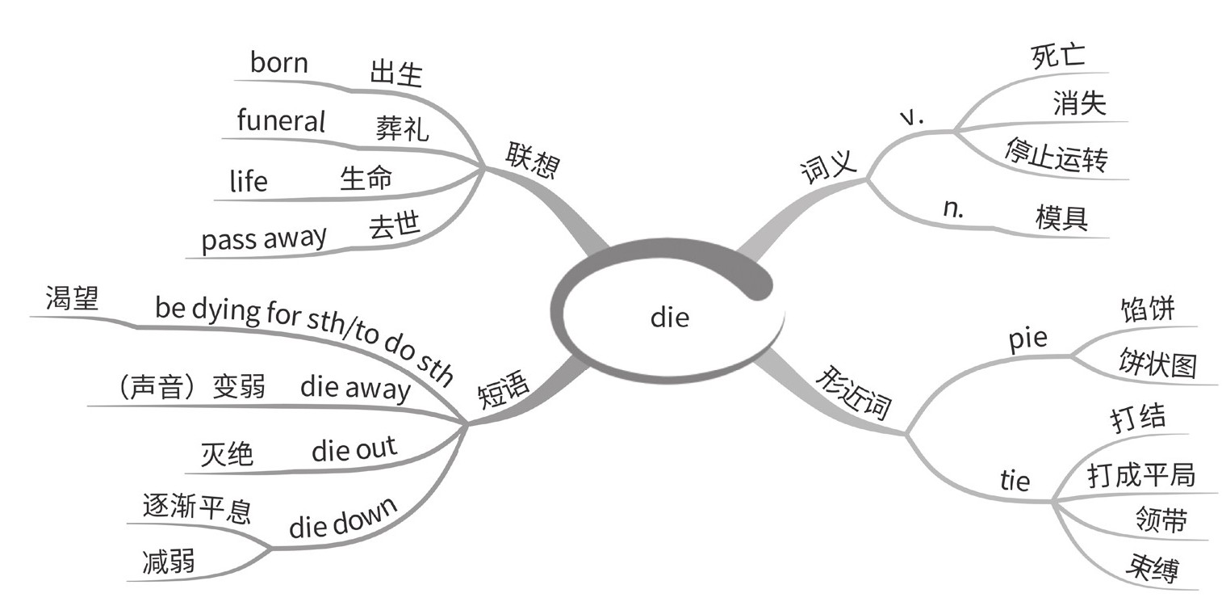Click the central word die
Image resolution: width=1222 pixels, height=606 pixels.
point(670,318)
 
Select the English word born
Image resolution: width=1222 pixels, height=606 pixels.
point(278,63)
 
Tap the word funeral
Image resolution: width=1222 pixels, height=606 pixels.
point(281,121)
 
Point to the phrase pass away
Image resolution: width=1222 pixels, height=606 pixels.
point(264,239)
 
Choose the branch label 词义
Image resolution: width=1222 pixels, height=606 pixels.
point(827,168)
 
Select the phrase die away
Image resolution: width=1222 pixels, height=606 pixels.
point(354,388)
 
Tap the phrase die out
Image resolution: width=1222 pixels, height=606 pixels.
point(354,448)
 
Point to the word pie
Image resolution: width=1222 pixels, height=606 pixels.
point(1027,338)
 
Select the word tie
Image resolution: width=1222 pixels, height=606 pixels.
point(1015,481)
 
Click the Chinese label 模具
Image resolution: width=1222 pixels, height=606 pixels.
point(1061,217)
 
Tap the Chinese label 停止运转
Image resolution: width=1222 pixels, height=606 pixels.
point(1055,156)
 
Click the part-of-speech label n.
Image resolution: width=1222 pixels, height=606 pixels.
point(953,208)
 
